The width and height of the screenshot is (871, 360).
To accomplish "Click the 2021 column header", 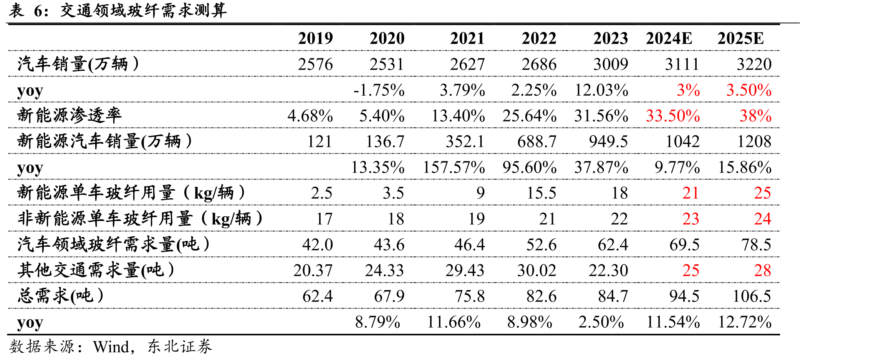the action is tap(467, 38).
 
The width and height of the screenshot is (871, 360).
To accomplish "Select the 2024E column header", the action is tap(669, 38).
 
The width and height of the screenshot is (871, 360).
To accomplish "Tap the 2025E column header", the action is tap(740, 38).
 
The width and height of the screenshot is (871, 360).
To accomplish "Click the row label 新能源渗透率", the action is tap(70, 115).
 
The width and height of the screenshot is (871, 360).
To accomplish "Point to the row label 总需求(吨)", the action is tap(60, 296).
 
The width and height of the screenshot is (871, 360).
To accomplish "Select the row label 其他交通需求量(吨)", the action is tap(96, 270).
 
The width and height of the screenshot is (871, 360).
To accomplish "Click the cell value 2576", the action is tap(315, 64).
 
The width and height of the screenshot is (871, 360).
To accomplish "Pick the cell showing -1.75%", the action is tap(379, 90).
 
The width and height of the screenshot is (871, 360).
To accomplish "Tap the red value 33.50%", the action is tap(673, 116).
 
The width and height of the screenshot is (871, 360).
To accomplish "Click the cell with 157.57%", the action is tap(454, 168).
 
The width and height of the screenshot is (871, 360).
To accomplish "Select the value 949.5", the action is tap(608, 142).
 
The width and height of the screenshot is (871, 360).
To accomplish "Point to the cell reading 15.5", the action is tap(541, 193).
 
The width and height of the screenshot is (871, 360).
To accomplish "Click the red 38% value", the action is tap(755, 116).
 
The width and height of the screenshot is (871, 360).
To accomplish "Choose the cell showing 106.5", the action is tap(752, 296).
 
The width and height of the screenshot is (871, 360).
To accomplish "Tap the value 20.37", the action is tap(313, 270).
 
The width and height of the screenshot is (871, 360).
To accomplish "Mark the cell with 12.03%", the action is tap(601, 90).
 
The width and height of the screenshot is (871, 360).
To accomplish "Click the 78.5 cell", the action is tap(756, 245).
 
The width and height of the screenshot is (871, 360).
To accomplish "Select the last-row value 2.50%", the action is tap(601, 322).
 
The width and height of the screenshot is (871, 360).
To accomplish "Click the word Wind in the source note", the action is tap(111, 347).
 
